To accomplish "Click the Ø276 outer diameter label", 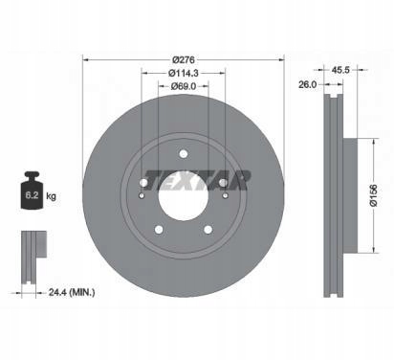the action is (x=184, y=59).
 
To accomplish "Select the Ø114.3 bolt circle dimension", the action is (x=184, y=73).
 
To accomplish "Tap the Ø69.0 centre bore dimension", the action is (x=184, y=86).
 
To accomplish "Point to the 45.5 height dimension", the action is (x=340, y=70).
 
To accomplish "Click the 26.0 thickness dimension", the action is (x=308, y=84).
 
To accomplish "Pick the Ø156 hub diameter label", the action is (x=374, y=195).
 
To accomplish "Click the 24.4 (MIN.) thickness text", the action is (x=72, y=292).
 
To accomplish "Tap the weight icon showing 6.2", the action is (x=32, y=191).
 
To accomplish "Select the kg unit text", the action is (x=51, y=196).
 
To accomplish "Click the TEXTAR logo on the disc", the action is (x=197, y=180).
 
